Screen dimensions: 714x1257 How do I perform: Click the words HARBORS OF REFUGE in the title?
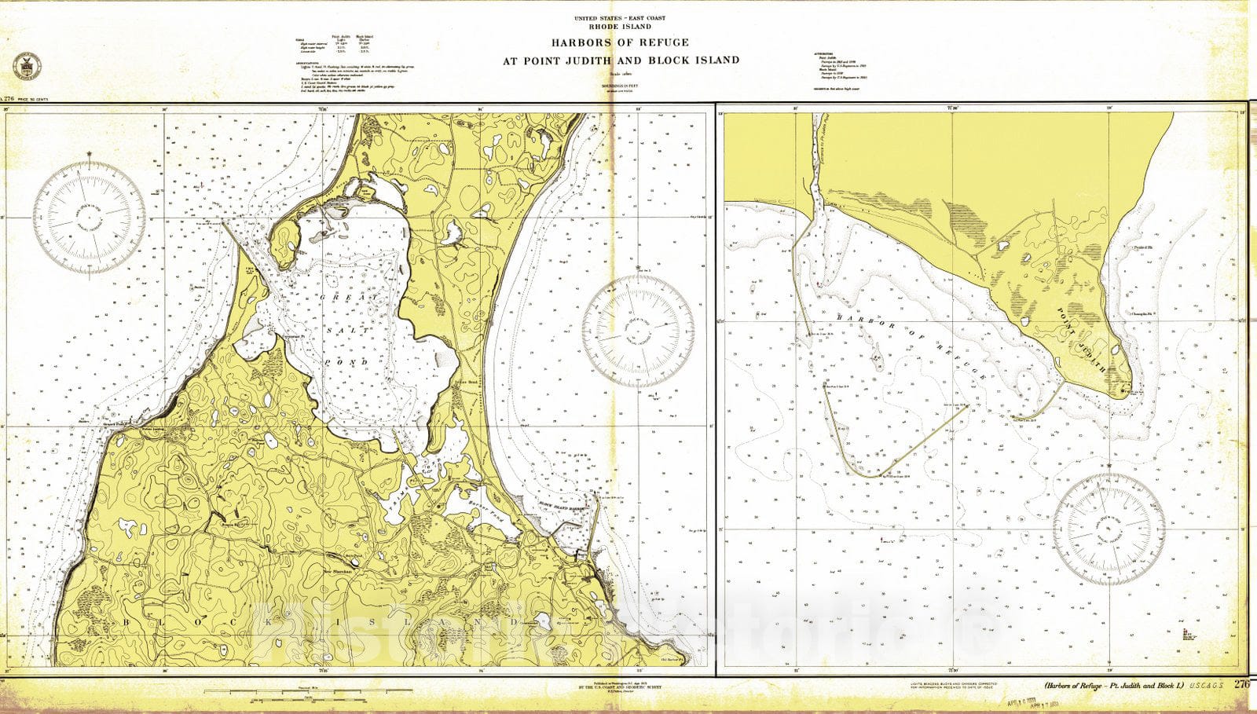[621, 42]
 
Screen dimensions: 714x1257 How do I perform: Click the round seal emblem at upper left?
[24, 67]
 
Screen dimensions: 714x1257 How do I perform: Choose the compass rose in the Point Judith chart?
[1109, 529]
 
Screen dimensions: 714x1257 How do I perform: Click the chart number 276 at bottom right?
[1241, 684]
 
